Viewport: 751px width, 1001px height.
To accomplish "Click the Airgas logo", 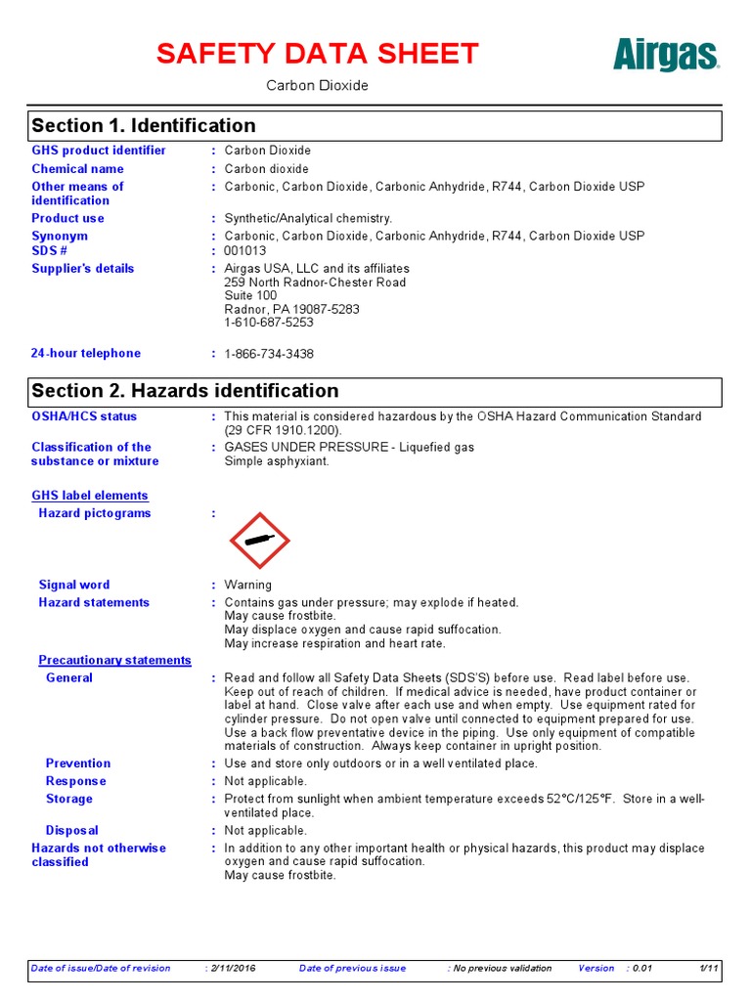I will pos(666,55).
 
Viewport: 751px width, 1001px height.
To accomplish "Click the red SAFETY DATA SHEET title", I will pos(318,54).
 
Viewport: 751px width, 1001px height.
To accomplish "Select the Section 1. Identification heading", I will pos(144,126).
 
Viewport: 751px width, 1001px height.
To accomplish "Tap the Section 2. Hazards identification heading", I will pos(185,391).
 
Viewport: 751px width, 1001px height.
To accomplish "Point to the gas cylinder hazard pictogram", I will pos(259,541).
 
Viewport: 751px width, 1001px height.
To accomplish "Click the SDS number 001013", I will pos(244,250).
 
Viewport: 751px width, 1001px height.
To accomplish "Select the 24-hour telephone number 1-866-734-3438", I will pos(269,354).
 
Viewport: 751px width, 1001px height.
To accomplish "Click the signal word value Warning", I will pos(248,586).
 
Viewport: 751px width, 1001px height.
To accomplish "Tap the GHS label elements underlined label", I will pos(90,496).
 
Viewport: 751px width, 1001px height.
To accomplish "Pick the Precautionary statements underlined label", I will pos(114,661).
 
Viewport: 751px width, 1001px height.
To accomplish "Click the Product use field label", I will pos(67,219).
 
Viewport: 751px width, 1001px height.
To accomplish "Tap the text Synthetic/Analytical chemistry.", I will pos(308,219).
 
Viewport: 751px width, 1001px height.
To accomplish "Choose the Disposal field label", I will pos(71,831).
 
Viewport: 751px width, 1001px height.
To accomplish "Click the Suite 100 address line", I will pos(250,295).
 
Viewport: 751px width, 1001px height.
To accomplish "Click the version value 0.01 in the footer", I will pos(641,969).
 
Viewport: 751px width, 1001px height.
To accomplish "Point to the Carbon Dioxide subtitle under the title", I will pos(318,86).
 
